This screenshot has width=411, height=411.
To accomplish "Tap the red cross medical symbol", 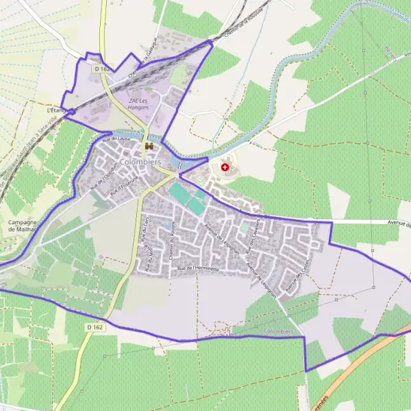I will [225, 166].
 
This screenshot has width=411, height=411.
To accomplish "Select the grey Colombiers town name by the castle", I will [140, 162].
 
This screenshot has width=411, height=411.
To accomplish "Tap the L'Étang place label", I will [55, 110].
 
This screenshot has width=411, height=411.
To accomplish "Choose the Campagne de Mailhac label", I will [22, 227].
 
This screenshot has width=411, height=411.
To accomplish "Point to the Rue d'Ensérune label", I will [123, 185].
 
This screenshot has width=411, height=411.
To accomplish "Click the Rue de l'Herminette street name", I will [198, 269].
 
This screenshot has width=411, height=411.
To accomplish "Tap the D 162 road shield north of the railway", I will [102, 68].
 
